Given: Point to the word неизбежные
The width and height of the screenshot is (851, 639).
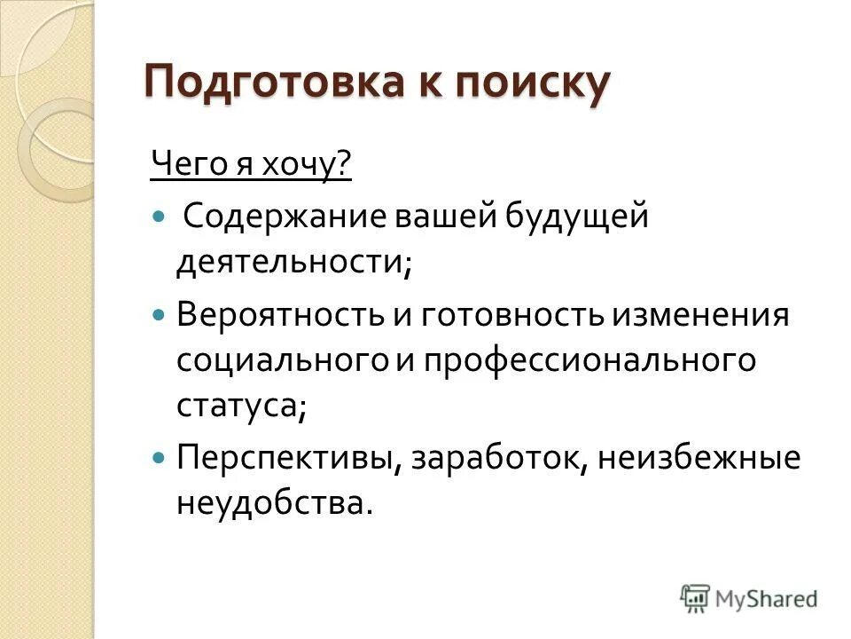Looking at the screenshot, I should [699, 459].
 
